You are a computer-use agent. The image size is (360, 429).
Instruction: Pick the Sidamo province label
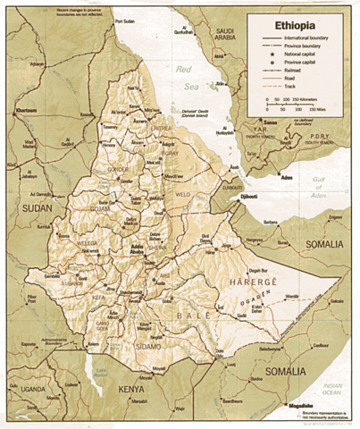tap(150, 345)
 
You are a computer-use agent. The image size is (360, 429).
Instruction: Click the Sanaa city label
tap(270, 122)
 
